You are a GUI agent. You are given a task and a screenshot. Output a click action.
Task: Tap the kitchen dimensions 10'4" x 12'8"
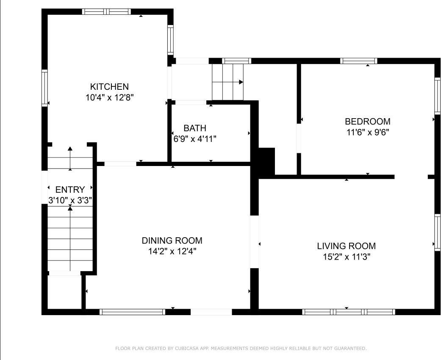[109, 97]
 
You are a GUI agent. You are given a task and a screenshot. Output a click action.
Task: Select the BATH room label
[195, 128]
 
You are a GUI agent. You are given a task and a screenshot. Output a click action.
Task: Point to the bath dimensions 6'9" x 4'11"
[195, 138]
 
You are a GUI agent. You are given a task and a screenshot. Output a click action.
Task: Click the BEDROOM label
[367, 122]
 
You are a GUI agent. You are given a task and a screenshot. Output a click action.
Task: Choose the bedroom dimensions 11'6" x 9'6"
[367, 132]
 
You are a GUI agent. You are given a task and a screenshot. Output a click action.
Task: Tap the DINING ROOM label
[172, 241]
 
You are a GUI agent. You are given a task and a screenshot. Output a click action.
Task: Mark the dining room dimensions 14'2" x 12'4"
[172, 251]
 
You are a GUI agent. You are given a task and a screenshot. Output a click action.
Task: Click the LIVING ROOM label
[346, 246]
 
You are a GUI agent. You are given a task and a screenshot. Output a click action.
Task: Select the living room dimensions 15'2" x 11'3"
[346, 257]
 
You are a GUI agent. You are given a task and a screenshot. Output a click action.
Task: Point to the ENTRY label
[70, 189]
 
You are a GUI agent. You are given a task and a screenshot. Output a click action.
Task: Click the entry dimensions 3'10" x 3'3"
[70, 200]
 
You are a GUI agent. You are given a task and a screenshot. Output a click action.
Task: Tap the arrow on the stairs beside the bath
[240, 82]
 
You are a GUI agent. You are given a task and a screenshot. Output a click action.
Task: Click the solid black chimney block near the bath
[266, 161]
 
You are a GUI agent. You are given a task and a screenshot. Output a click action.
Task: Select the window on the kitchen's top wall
[106, 11]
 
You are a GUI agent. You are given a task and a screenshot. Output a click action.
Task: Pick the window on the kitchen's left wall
[44, 87]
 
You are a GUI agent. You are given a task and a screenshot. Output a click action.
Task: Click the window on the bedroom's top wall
[358, 61]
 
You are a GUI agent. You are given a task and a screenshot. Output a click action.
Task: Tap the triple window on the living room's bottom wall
[349, 312]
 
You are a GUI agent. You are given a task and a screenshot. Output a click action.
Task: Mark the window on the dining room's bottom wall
[132, 312]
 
